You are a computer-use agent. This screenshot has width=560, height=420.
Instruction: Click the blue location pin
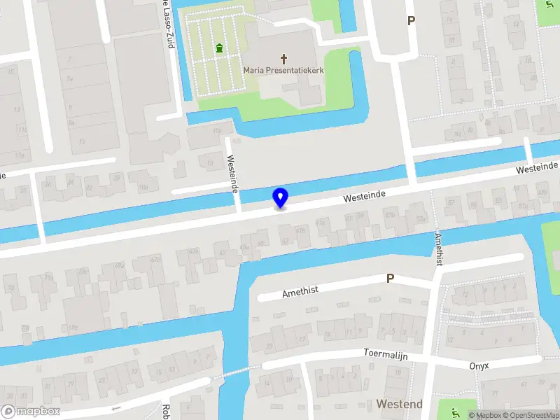tap(280, 197)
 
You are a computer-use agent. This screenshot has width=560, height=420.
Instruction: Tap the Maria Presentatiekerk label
tap(283, 70)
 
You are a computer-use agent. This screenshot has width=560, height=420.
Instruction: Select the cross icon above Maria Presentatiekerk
tap(284, 58)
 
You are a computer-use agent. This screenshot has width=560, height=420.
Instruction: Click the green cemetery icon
tap(220, 48)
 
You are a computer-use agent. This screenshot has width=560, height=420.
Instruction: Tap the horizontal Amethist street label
tap(300, 290)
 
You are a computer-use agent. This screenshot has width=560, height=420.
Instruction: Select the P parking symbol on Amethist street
tap(391, 279)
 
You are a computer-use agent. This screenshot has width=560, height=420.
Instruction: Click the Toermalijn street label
tap(385, 354)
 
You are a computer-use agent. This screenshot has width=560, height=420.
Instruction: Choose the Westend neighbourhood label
tap(399, 404)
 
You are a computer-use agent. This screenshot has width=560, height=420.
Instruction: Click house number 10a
tap(143, 186)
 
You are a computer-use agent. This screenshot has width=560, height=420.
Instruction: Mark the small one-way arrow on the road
tap(115, 408)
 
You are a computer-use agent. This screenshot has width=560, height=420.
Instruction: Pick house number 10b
tap(217, 130)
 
